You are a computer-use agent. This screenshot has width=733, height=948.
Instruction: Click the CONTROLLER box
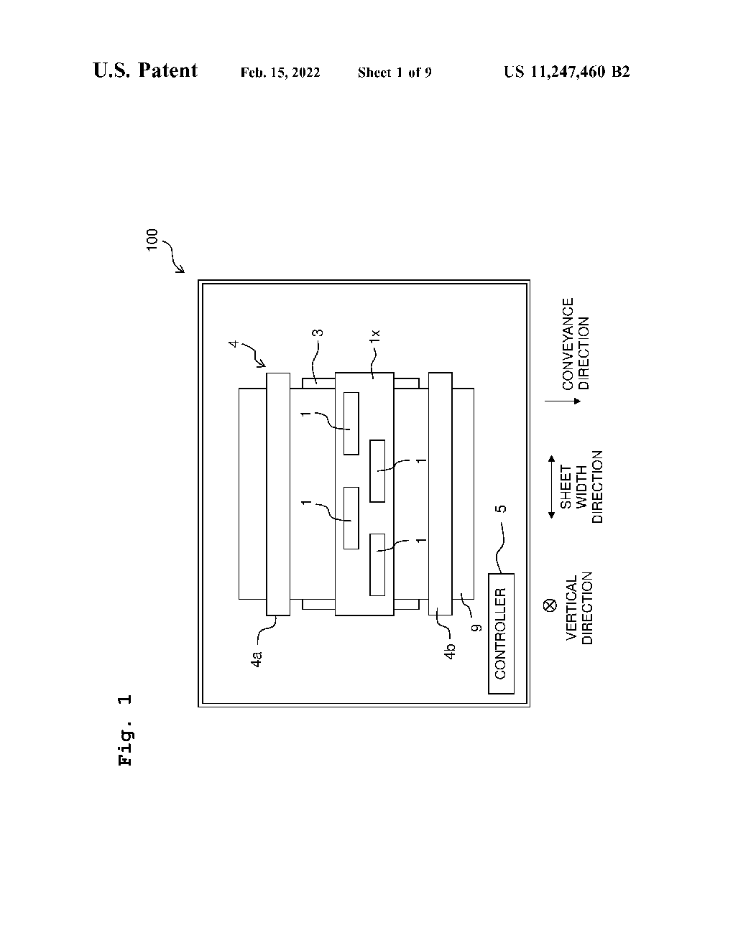[x=501, y=633]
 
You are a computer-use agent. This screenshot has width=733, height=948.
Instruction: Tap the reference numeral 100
[x=152, y=240]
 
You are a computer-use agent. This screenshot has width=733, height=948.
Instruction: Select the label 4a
[x=257, y=659]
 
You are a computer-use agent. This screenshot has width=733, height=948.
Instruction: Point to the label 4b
[x=451, y=653]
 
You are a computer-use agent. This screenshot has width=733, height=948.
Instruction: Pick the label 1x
[x=374, y=335]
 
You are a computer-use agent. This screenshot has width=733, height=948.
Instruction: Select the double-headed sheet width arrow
[x=550, y=486]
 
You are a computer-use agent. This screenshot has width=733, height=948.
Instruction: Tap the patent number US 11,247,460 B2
[x=566, y=72]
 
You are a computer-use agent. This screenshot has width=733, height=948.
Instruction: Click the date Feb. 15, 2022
[x=280, y=73]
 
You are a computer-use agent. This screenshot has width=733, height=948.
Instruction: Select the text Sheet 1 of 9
[x=394, y=73]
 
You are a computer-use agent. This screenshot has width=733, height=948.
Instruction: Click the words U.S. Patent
[x=145, y=70]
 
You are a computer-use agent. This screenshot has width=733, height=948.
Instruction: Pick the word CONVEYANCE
[x=568, y=344]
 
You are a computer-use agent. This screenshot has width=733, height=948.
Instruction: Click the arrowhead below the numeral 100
[x=181, y=270]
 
